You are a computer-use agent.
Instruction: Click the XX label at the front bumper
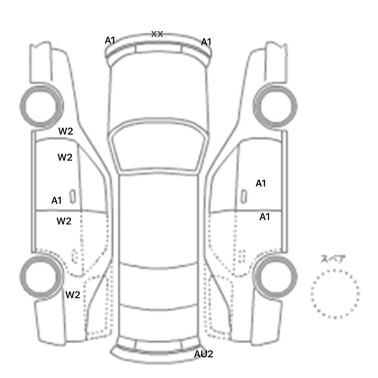tap(157, 34)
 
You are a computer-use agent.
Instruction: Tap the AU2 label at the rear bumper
tap(204, 354)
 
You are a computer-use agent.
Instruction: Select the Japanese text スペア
tap(330, 259)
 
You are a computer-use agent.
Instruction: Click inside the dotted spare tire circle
tap(335, 294)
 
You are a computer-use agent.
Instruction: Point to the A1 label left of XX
tap(110, 40)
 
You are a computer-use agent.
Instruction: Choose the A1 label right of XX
tap(206, 42)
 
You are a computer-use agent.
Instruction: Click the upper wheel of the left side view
tap(41, 106)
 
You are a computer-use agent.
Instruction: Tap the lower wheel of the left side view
tap(41, 276)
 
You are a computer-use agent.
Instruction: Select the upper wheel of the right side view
tap(275, 106)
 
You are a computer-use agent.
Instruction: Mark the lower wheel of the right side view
tap(275, 277)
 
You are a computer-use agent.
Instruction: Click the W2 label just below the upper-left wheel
tap(65, 131)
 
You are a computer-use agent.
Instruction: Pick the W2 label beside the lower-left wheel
tap(72, 295)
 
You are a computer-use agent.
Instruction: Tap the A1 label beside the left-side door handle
tap(56, 200)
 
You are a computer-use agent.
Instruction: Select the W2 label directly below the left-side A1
tap(64, 221)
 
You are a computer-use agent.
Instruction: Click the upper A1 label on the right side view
tap(261, 184)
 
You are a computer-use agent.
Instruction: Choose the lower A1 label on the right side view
tap(265, 217)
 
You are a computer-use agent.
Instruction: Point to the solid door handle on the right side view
tap(244, 197)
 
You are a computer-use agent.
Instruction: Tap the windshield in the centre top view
tap(158, 146)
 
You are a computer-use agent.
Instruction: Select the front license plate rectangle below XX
tap(158, 48)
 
